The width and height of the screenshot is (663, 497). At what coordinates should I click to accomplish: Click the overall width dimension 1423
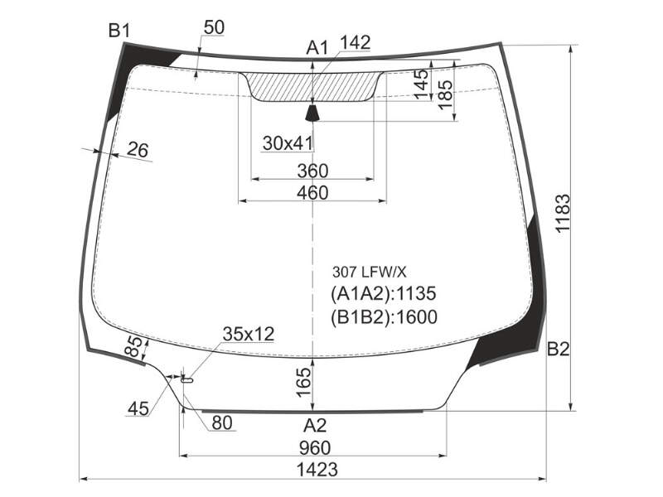[x=317, y=469]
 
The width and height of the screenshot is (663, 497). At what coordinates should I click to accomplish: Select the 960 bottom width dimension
[x=315, y=447]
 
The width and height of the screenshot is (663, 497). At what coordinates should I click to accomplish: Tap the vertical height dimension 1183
[x=564, y=213]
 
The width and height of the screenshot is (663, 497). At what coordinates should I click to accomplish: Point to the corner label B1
[x=119, y=31]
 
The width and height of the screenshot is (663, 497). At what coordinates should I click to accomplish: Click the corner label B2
[x=558, y=349]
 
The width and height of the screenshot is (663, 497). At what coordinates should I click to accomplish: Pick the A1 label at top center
[x=317, y=48]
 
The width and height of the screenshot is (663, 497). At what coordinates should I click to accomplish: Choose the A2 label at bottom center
[x=315, y=426]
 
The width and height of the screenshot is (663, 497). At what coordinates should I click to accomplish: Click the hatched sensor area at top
[x=312, y=87]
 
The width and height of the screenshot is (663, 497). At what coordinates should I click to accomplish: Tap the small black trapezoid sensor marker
[x=312, y=113]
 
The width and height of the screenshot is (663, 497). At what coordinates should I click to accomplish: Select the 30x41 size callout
[x=288, y=143]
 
